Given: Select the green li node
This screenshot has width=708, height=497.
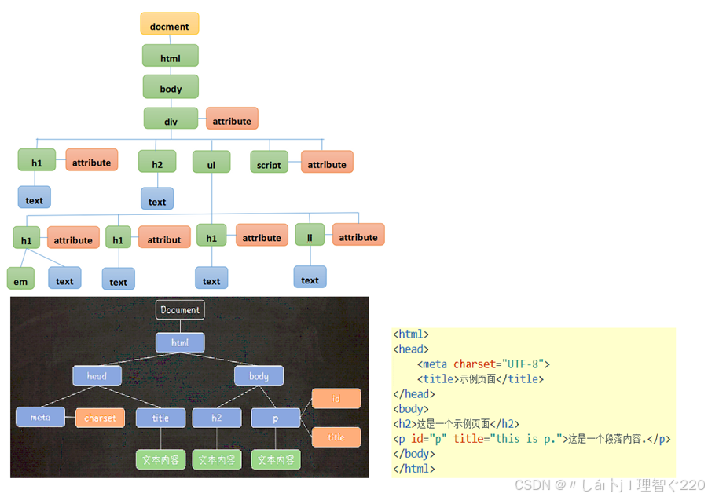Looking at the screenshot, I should [x=310, y=236].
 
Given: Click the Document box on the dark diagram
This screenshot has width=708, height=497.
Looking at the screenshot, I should [x=180, y=310].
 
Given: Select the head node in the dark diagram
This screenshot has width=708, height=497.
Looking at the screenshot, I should [x=97, y=376].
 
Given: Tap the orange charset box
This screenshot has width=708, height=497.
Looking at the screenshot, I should [x=100, y=418].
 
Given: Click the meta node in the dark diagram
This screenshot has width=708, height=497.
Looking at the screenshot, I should [x=41, y=418].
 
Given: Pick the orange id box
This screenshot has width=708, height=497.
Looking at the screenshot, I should [x=336, y=399].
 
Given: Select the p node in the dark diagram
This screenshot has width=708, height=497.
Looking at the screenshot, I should [x=276, y=418].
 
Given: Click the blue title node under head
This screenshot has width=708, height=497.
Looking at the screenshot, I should [x=160, y=418].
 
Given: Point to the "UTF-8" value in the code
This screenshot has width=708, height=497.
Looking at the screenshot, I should [x=522, y=364].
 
